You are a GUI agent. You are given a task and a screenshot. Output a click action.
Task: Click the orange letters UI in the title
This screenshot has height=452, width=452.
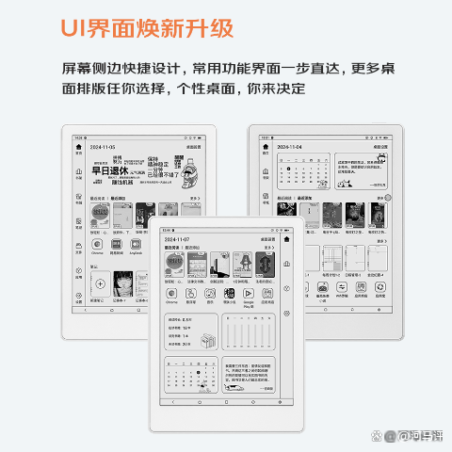coord(74,27)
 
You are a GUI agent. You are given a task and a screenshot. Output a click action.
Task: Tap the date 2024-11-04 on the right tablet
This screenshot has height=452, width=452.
coord(289,148)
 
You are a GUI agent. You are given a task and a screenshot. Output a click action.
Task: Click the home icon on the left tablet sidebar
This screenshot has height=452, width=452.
coord(78,148)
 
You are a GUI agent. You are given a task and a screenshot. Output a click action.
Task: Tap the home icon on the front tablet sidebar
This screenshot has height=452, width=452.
coord(286,240)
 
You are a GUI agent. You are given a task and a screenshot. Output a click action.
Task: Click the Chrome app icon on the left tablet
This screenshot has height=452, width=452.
coord(96,244)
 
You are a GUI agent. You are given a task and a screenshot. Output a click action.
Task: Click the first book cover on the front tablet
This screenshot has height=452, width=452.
coord(173,265)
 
